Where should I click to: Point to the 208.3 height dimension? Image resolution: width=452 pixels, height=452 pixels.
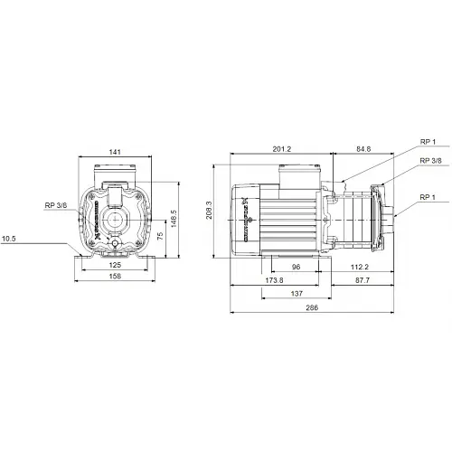click(207, 215)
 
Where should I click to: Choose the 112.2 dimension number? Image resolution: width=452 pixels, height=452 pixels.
click(360, 268)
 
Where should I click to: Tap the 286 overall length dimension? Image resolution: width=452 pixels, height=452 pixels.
click(309, 308)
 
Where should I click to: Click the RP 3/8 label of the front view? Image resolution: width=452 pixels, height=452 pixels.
click(57, 205)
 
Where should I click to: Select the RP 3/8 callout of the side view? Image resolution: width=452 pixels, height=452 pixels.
click(430, 160)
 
